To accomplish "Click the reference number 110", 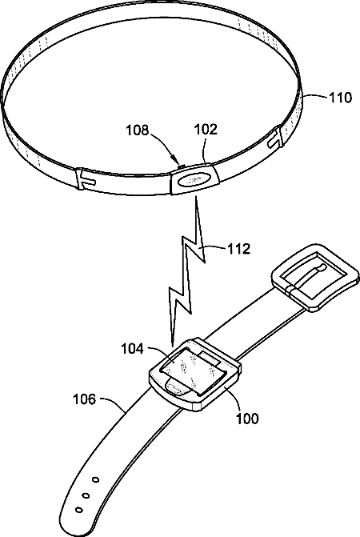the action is [340, 98].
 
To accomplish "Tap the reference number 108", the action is [138, 130].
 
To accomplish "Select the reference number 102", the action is [206, 130].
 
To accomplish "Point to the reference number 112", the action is [239, 249].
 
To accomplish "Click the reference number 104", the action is [133, 349].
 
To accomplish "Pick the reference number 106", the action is [85, 399].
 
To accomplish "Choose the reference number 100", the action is [247, 419].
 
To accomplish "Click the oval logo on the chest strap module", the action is [194, 179].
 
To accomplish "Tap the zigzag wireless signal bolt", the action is [186, 271].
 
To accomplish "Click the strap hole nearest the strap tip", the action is [79, 510].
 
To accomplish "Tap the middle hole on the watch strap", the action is [86, 495].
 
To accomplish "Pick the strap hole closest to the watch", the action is [96, 479].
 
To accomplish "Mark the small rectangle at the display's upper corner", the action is [210, 358].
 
